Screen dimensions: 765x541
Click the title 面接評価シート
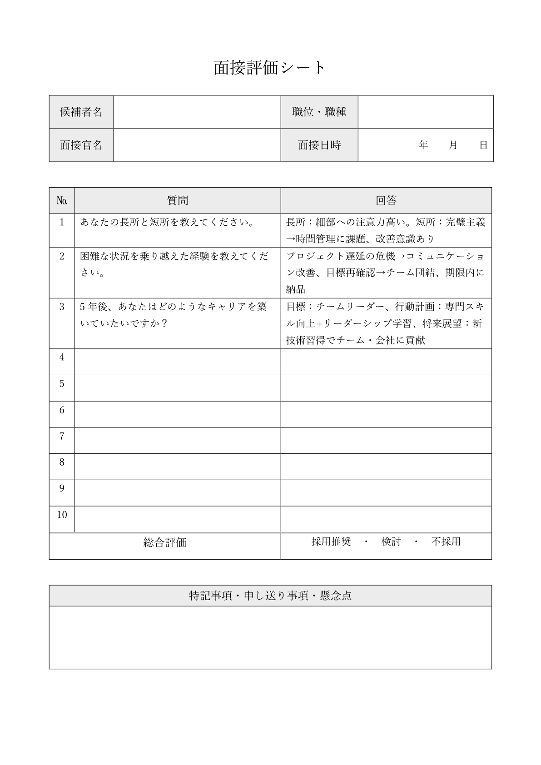[270, 68]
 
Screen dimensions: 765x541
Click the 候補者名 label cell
[81, 112]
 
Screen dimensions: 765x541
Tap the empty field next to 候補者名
[197, 112]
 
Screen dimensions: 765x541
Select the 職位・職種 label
[319, 112]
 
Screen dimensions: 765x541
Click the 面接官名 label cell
[81, 145]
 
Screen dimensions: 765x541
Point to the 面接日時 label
[319, 145]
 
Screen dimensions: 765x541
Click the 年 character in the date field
[424, 145]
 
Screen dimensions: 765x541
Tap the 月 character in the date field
[453, 145]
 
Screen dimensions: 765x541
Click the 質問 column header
[178, 200]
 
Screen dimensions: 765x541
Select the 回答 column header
[386, 200]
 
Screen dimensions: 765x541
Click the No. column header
[62, 200]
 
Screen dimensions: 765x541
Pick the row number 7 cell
[62, 436]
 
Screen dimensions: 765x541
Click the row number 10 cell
[62, 515]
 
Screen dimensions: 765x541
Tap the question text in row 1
[167, 222]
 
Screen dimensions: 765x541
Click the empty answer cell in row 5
[386, 388]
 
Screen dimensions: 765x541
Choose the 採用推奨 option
[331, 541]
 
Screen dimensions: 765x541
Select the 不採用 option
[446, 541]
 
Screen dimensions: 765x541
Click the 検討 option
[391, 541]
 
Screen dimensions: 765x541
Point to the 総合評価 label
[165, 542]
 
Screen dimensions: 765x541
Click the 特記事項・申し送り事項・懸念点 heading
[270, 596]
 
